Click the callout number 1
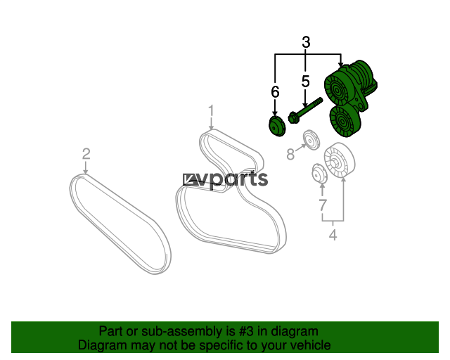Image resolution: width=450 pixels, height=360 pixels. [x=210, y=110]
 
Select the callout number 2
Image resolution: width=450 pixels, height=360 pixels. [x=86, y=153]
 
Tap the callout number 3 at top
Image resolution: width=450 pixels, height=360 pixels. [x=306, y=42]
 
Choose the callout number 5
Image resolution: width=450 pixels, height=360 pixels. [x=306, y=81]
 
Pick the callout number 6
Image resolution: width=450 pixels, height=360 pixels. [x=275, y=91]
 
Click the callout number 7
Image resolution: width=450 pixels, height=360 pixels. [x=322, y=205]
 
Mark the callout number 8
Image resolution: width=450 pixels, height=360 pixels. [x=290, y=154]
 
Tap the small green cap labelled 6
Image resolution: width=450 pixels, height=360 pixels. [x=276, y=126]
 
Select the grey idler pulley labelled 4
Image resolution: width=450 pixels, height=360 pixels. [x=338, y=162]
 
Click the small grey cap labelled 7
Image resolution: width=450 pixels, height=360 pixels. [x=319, y=173]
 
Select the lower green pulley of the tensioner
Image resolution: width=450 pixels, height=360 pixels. [x=343, y=123]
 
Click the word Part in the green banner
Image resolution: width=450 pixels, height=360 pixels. [x=111, y=331]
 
